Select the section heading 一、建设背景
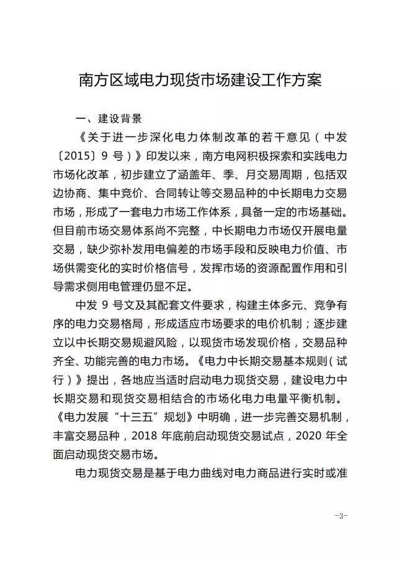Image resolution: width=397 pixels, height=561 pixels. coord(108,118)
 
